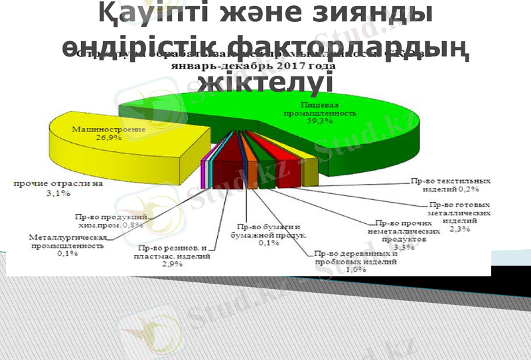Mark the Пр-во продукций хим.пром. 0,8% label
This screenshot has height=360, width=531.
pyautogui.click(x=110, y=221)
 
